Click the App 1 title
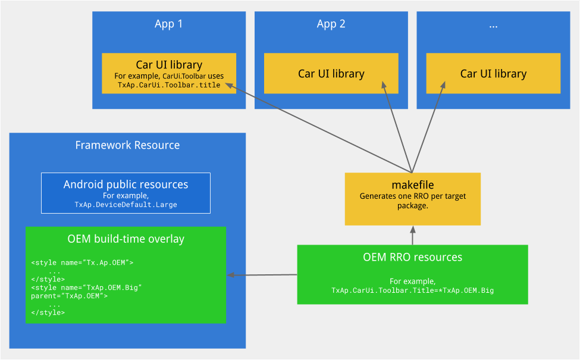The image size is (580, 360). point(168,24)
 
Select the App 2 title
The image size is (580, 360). point(331,24)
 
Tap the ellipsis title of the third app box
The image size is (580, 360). point(493,25)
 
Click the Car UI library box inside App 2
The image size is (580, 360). point(331,74)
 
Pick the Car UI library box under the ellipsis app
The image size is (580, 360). point(493,74)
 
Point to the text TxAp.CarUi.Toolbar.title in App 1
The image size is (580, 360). point(169,85)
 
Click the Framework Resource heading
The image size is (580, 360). point(127,145)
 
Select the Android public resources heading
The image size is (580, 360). point(126,184)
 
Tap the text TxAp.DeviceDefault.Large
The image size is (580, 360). point(126,205)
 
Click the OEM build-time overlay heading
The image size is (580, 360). point(126,239)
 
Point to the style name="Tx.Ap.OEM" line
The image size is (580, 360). point(82,262)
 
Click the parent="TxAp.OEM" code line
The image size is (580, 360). point(69,296)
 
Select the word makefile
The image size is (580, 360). point(412,185)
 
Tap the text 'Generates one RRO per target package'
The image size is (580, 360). point(412,201)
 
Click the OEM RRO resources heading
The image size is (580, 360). point(412,258)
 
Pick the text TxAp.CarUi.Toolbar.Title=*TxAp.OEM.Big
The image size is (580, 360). point(412,290)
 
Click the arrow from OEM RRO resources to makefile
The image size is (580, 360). point(412,236)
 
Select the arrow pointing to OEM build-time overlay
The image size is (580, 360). point(262,275)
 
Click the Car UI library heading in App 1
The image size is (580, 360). point(169,65)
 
